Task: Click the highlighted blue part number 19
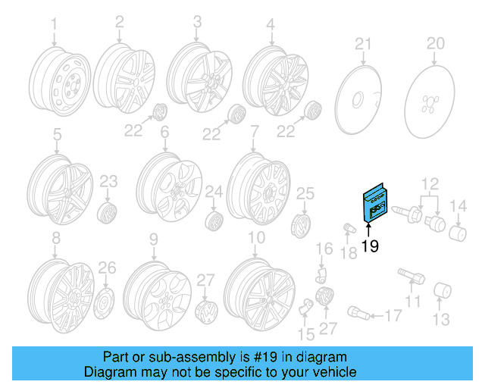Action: pyautogui.click(x=374, y=202)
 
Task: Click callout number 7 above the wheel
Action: pyautogui.click(x=255, y=131)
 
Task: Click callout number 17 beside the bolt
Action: pyautogui.click(x=395, y=314)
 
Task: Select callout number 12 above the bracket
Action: pyautogui.click(x=430, y=182)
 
